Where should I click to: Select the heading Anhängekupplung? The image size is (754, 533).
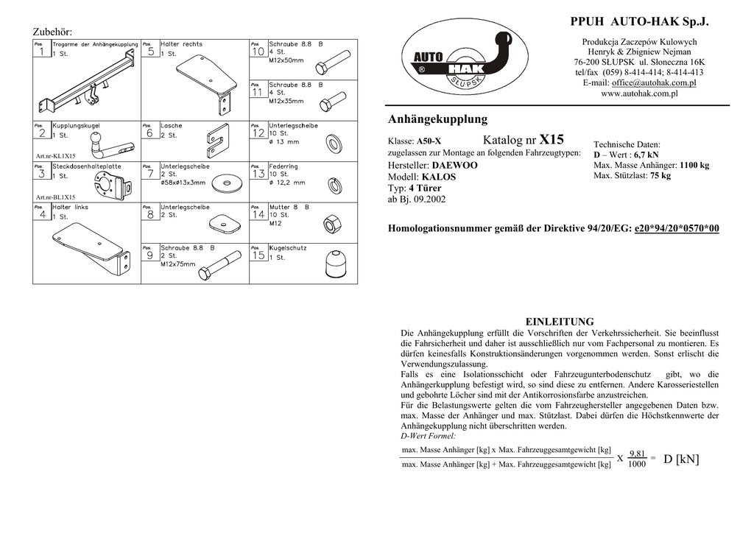437,119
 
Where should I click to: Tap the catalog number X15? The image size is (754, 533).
552,140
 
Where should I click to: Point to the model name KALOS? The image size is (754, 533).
439,177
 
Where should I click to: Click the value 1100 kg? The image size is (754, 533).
694,165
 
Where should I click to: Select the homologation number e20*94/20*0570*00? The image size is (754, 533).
676,229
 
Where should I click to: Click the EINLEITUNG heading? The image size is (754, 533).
559,322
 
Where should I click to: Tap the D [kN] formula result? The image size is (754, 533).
681,460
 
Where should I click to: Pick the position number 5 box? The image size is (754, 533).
150,52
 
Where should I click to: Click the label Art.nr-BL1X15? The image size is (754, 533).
55,197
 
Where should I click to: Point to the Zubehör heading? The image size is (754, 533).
52,32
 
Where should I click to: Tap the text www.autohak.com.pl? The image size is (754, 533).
639,94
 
